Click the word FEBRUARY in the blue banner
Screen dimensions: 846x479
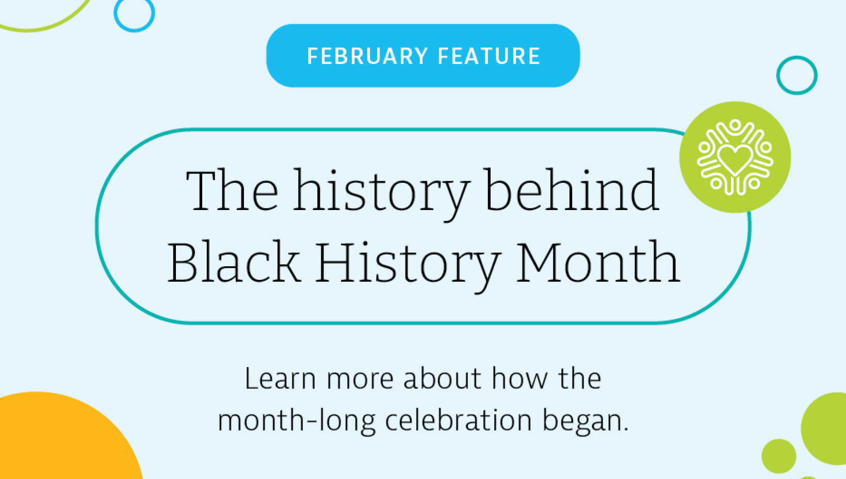(367, 56)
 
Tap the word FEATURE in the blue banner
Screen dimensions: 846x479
(489, 56)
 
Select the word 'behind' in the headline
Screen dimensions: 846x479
(572, 189)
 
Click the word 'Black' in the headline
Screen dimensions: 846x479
(234, 262)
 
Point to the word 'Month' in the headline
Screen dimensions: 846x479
(598, 262)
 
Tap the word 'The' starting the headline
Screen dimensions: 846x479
(232, 189)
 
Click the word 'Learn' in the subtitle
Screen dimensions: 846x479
(280, 378)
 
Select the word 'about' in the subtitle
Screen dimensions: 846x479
(442, 378)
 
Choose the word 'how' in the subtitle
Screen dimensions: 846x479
(519, 378)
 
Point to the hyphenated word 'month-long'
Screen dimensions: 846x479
(297, 422)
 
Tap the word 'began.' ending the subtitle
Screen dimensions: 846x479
(586, 422)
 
